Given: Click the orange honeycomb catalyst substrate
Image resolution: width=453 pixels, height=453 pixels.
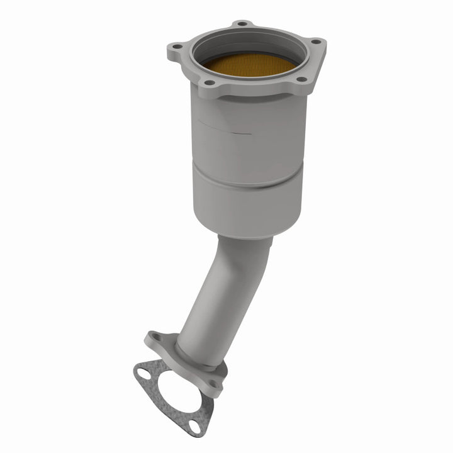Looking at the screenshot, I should point(250,63).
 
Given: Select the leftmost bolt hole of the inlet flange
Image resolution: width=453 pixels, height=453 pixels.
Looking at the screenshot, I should point(177,47).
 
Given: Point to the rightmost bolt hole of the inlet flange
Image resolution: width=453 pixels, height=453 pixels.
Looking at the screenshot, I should point(316,42).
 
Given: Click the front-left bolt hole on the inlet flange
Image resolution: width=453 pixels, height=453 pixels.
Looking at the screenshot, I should point(210,83).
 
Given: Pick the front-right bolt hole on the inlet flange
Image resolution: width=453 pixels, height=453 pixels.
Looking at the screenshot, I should point(301,80).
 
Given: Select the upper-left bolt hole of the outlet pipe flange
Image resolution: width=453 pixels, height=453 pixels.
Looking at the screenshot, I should point(155,338).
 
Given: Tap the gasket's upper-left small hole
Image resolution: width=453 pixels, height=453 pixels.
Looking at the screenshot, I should point(143,374).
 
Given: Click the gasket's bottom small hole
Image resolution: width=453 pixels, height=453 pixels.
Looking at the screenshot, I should point(196,427).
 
